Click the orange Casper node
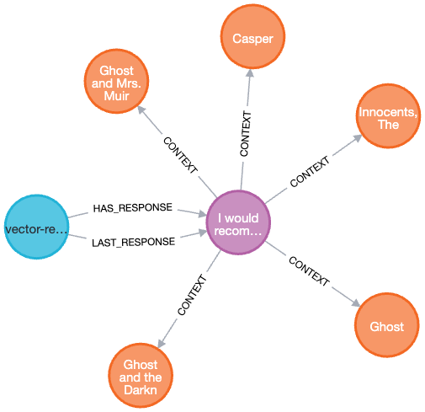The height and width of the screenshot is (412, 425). [252, 38]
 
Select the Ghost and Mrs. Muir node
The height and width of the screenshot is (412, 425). [116, 82]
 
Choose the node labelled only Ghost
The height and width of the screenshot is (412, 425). [386, 326]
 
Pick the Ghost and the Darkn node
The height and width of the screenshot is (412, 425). [141, 377]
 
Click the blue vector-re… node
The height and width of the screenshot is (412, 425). [36, 227]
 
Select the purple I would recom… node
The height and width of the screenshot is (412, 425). [239, 223]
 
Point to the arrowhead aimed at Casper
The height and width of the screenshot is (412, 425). [249, 74]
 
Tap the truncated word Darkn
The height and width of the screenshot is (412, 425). [141, 390]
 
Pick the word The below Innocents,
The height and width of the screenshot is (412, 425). [387, 125]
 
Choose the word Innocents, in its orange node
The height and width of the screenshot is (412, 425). [387, 112]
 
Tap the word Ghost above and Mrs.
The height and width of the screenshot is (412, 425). [116, 69]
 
